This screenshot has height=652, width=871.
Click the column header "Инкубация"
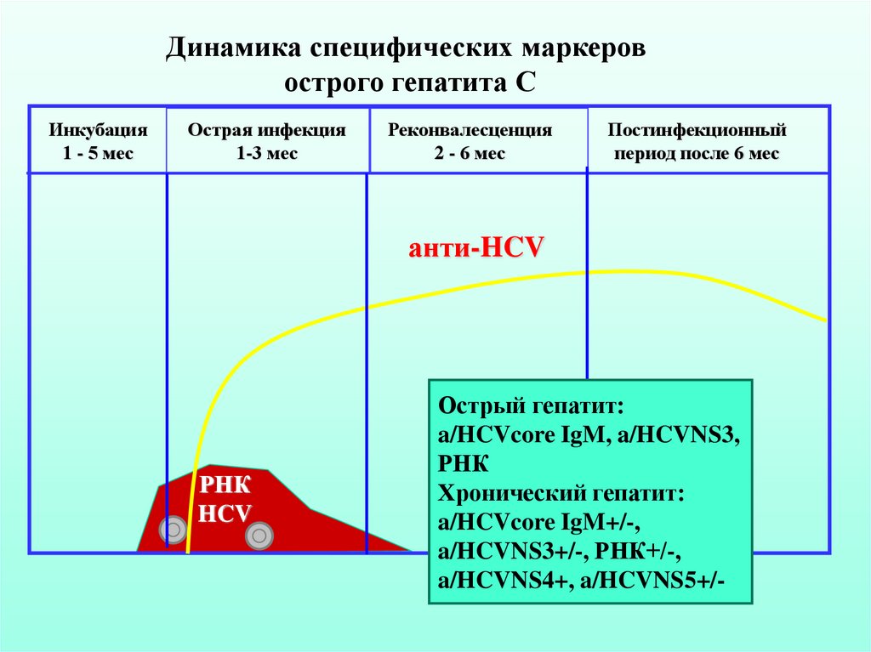[98, 131]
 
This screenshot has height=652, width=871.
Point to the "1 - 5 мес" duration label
[98, 154]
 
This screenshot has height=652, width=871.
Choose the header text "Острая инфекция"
[267, 131]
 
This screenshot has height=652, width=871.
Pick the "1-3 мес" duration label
[267, 154]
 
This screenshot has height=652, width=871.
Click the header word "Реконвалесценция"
[470, 131]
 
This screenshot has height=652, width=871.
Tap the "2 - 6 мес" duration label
[470, 154]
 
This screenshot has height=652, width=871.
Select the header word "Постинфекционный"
[697, 131]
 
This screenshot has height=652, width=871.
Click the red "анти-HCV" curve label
[475, 249]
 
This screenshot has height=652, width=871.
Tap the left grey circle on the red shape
[174, 530]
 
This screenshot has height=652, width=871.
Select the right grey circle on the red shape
[259, 536]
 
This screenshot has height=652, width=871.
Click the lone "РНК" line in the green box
[464, 464]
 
